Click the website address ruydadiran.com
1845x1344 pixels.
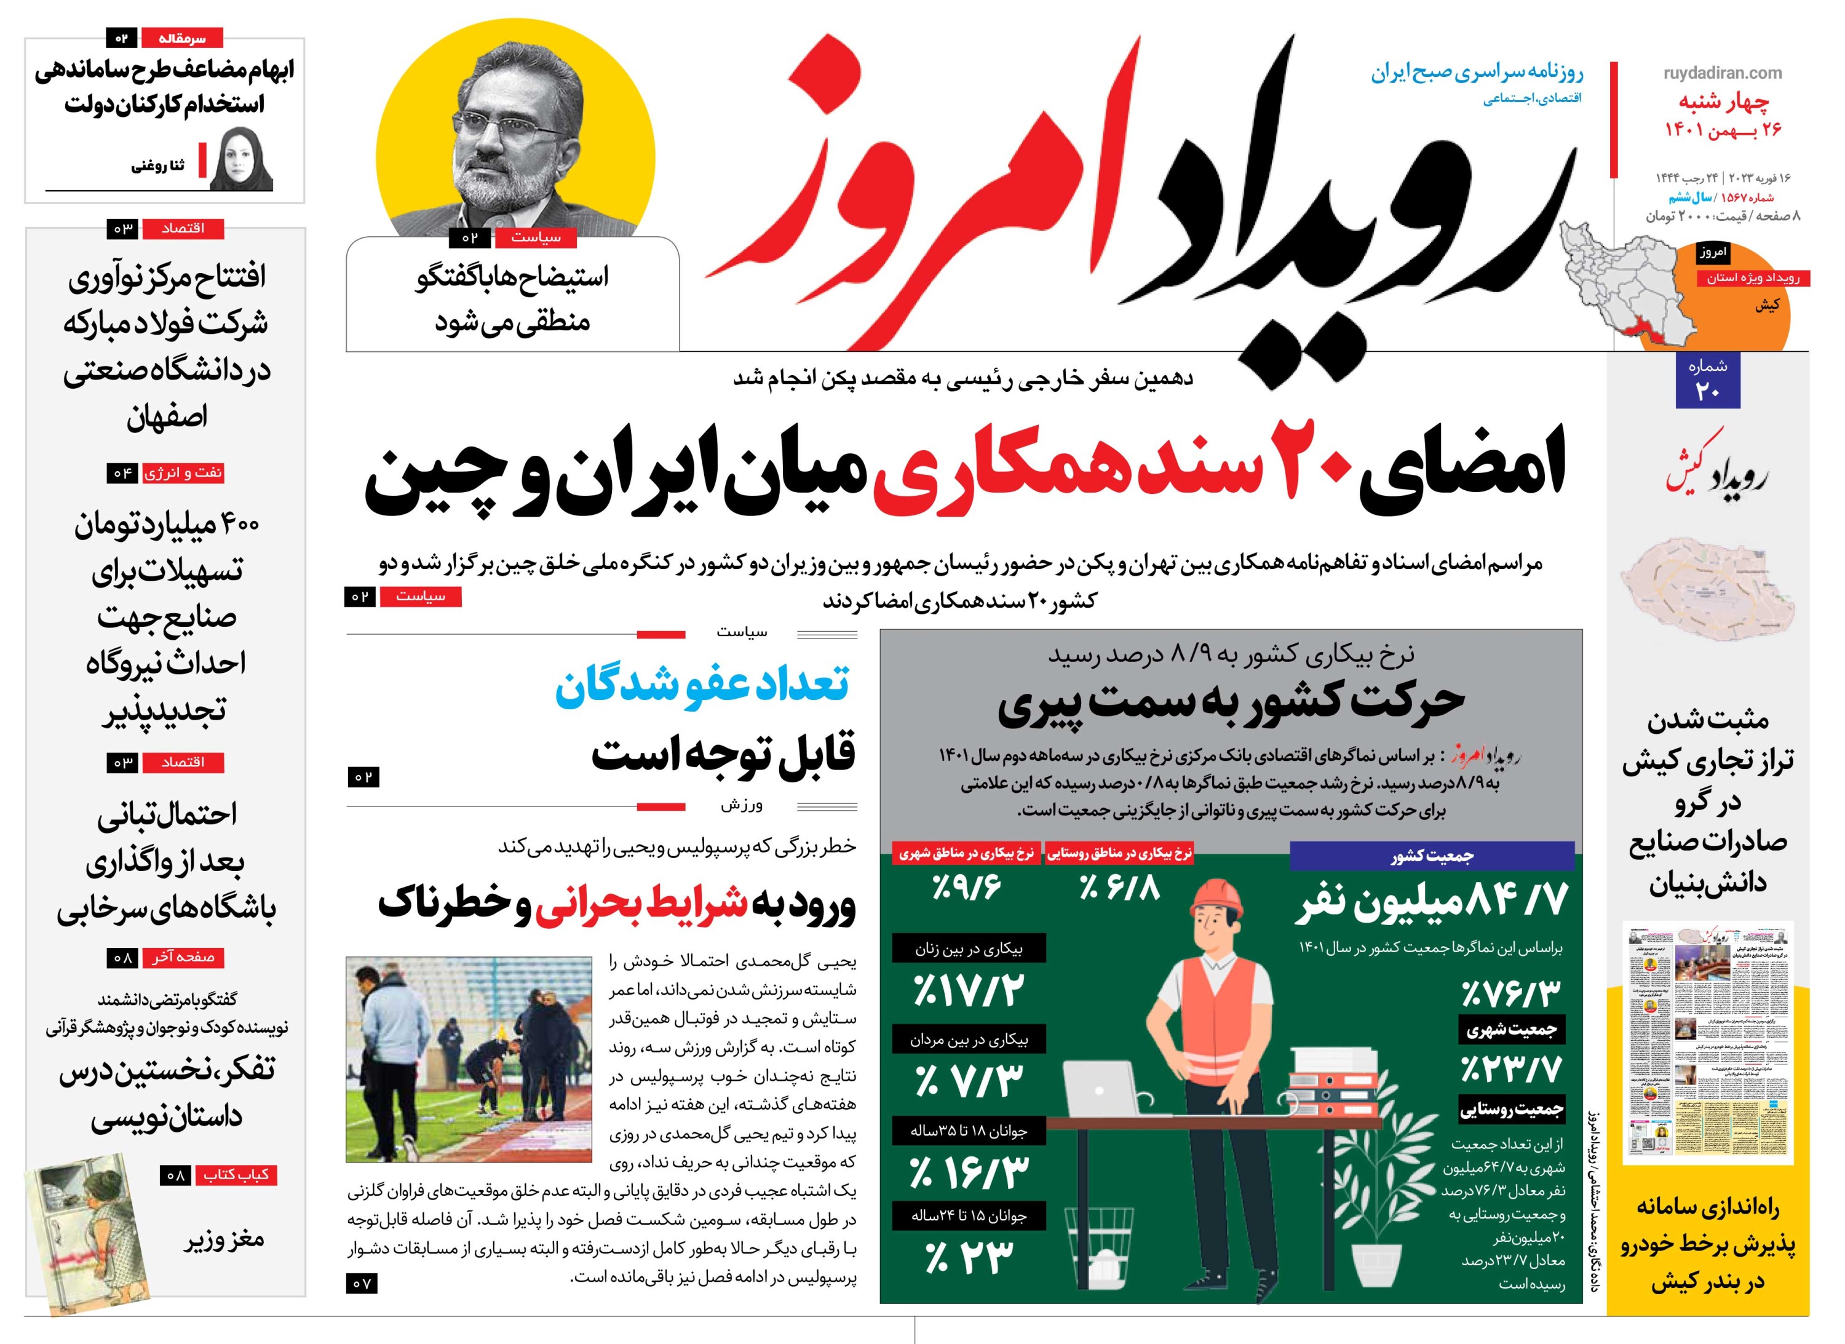click(x=1722, y=73)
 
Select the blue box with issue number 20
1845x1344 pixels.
click(x=1707, y=381)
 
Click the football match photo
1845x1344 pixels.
click(x=469, y=1059)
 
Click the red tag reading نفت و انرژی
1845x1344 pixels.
click(x=183, y=472)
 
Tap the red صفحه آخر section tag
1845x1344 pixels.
click(x=183, y=958)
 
